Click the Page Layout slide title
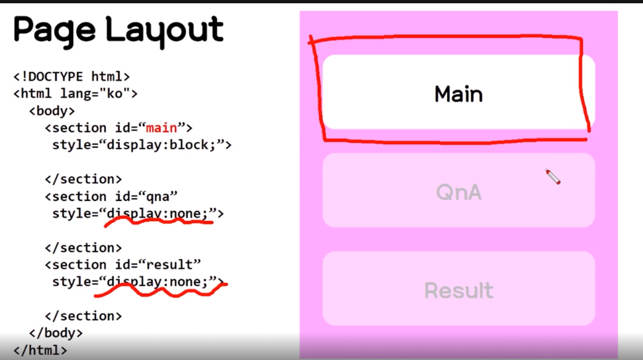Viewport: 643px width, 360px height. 118,30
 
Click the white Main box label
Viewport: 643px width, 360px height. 459,94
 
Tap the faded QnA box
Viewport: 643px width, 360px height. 459,192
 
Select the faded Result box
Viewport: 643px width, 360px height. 459,290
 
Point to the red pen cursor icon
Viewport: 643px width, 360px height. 552,177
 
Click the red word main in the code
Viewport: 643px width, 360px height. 161,128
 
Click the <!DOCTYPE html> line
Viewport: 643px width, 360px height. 72,76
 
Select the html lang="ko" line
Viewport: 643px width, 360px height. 76,94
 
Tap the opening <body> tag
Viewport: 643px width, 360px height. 52,111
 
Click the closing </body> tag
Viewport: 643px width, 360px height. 56,333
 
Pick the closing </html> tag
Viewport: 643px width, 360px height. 41,350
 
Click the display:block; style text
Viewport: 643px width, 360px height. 142,145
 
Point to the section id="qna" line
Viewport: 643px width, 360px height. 111,196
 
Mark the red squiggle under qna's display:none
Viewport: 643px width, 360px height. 158,222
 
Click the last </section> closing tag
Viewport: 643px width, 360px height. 83,316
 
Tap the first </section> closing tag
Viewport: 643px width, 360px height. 83,179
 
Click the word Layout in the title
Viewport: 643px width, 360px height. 165,30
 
